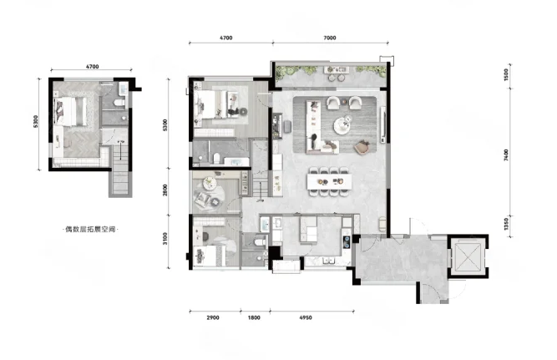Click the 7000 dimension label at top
point(330,38)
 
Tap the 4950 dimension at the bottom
point(306,317)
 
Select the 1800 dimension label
point(254,317)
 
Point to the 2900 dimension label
point(213,317)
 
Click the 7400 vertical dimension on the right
point(506,155)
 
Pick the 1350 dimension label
point(506,224)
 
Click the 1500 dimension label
point(506,74)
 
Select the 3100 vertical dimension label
point(165,238)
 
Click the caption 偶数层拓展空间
point(90,229)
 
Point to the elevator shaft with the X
point(468,256)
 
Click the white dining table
point(329,181)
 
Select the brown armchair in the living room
point(362,147)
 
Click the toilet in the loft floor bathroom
point(119,103)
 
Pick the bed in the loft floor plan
point(71,111)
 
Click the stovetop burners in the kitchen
point(346,241)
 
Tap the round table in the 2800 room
point(210,183)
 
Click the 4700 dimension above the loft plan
point(92,67)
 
